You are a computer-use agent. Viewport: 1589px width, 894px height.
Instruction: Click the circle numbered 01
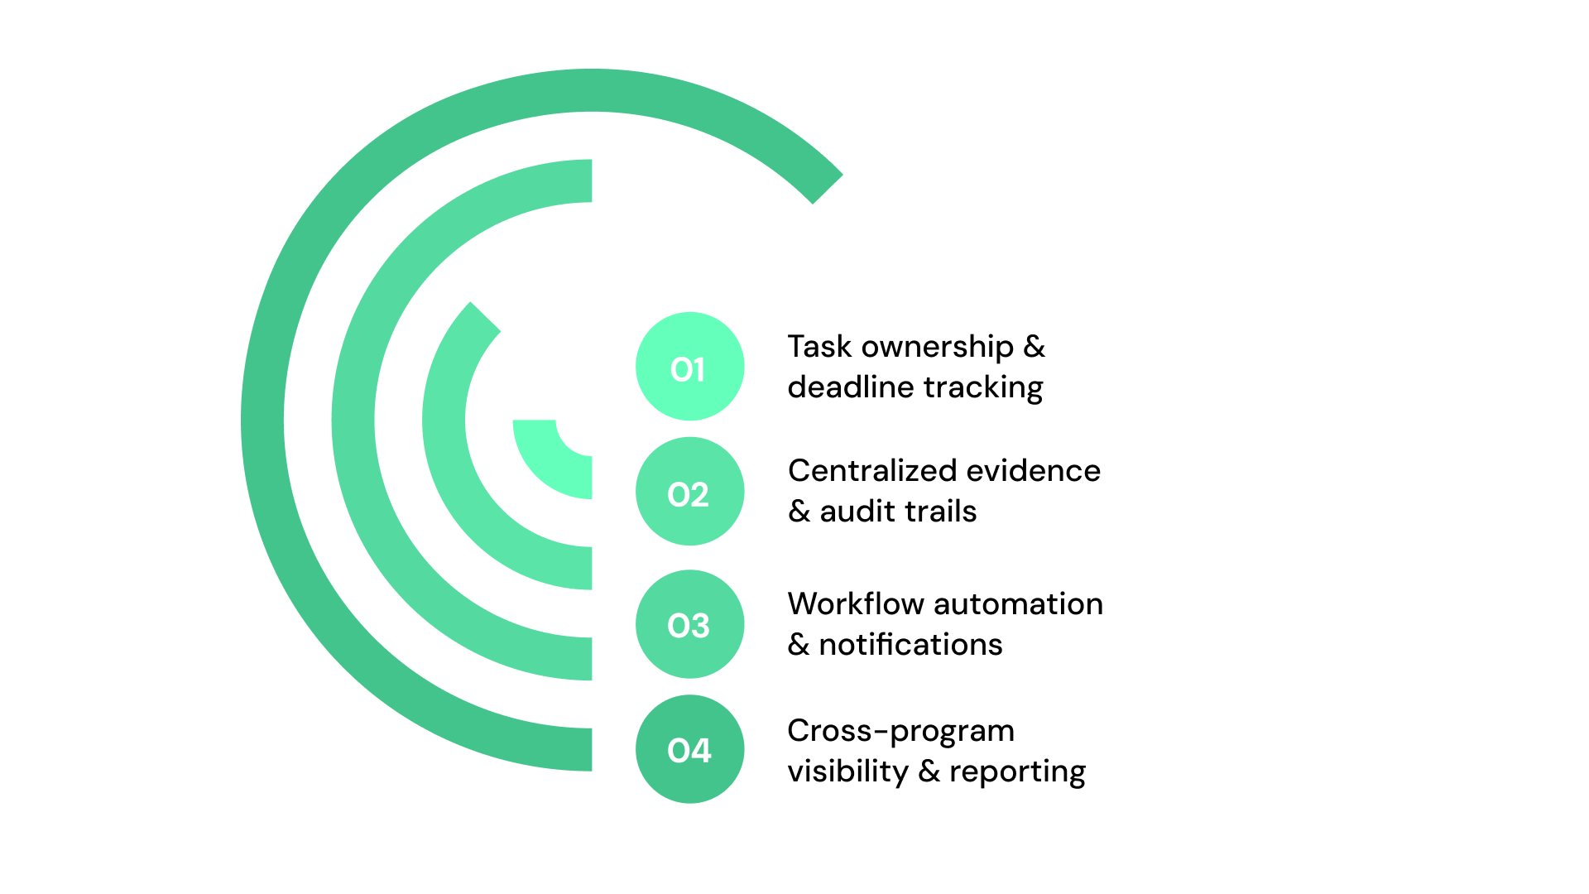tap(689, 367)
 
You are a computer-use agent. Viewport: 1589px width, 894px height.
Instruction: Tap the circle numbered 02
tap(689, 492)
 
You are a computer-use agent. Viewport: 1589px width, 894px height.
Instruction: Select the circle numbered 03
tap(689, 624)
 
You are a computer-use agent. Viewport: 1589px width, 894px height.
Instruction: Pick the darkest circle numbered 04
tap(689, 749)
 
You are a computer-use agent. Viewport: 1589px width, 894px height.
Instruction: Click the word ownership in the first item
tap(937, 348)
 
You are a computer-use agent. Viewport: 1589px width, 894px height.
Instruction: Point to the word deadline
tap(852, 387)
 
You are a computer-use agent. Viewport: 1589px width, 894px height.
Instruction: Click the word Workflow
tap(856, 604)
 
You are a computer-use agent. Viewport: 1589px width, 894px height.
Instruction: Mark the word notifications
tap(910, 645)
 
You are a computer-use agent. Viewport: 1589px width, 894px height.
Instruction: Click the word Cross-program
tap(900, 731)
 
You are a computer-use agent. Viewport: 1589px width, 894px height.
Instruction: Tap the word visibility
tap(847, 771)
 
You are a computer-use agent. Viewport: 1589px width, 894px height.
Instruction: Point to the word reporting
tap(1017, 771)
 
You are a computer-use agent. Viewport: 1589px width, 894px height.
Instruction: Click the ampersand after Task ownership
tap(1035, 348)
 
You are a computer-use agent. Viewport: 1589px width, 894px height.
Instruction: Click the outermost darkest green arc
tap(263, 422)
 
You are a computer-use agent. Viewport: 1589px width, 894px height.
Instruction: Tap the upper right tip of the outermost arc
tap(826, 188)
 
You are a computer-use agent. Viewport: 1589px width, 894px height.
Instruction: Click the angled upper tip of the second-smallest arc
tap(484, 318)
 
